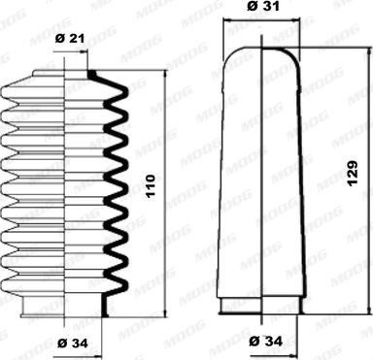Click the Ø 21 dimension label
[70, 39]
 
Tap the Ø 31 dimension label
[263, 6]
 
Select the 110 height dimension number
[151, 186]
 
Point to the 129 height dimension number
[353, 173]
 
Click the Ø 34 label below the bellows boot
[73, 344]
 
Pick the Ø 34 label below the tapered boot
[266, 341]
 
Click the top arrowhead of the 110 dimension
[166, 74]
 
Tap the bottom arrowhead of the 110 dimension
[166, 312]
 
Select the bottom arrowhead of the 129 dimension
[369, 310]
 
